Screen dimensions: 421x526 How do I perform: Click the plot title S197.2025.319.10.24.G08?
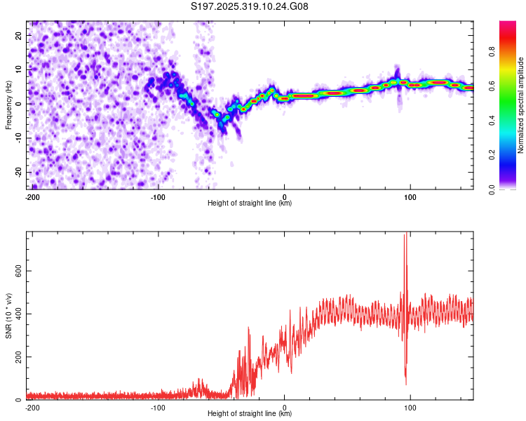coord(250,6)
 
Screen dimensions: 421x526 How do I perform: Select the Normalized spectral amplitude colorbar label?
coord(521,105)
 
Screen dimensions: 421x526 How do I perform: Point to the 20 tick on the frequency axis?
coord(19,34)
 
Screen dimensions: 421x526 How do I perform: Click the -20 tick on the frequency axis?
coord(17,172)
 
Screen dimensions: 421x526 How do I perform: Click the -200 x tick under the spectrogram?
coord(32,197)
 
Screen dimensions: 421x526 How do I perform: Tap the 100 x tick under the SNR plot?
coord(410,407)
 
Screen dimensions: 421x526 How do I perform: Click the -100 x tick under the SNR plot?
coord(158,407)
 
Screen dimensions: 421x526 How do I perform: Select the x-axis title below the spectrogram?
coord(250,203)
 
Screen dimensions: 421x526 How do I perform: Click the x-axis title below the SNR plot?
coord(250,413)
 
